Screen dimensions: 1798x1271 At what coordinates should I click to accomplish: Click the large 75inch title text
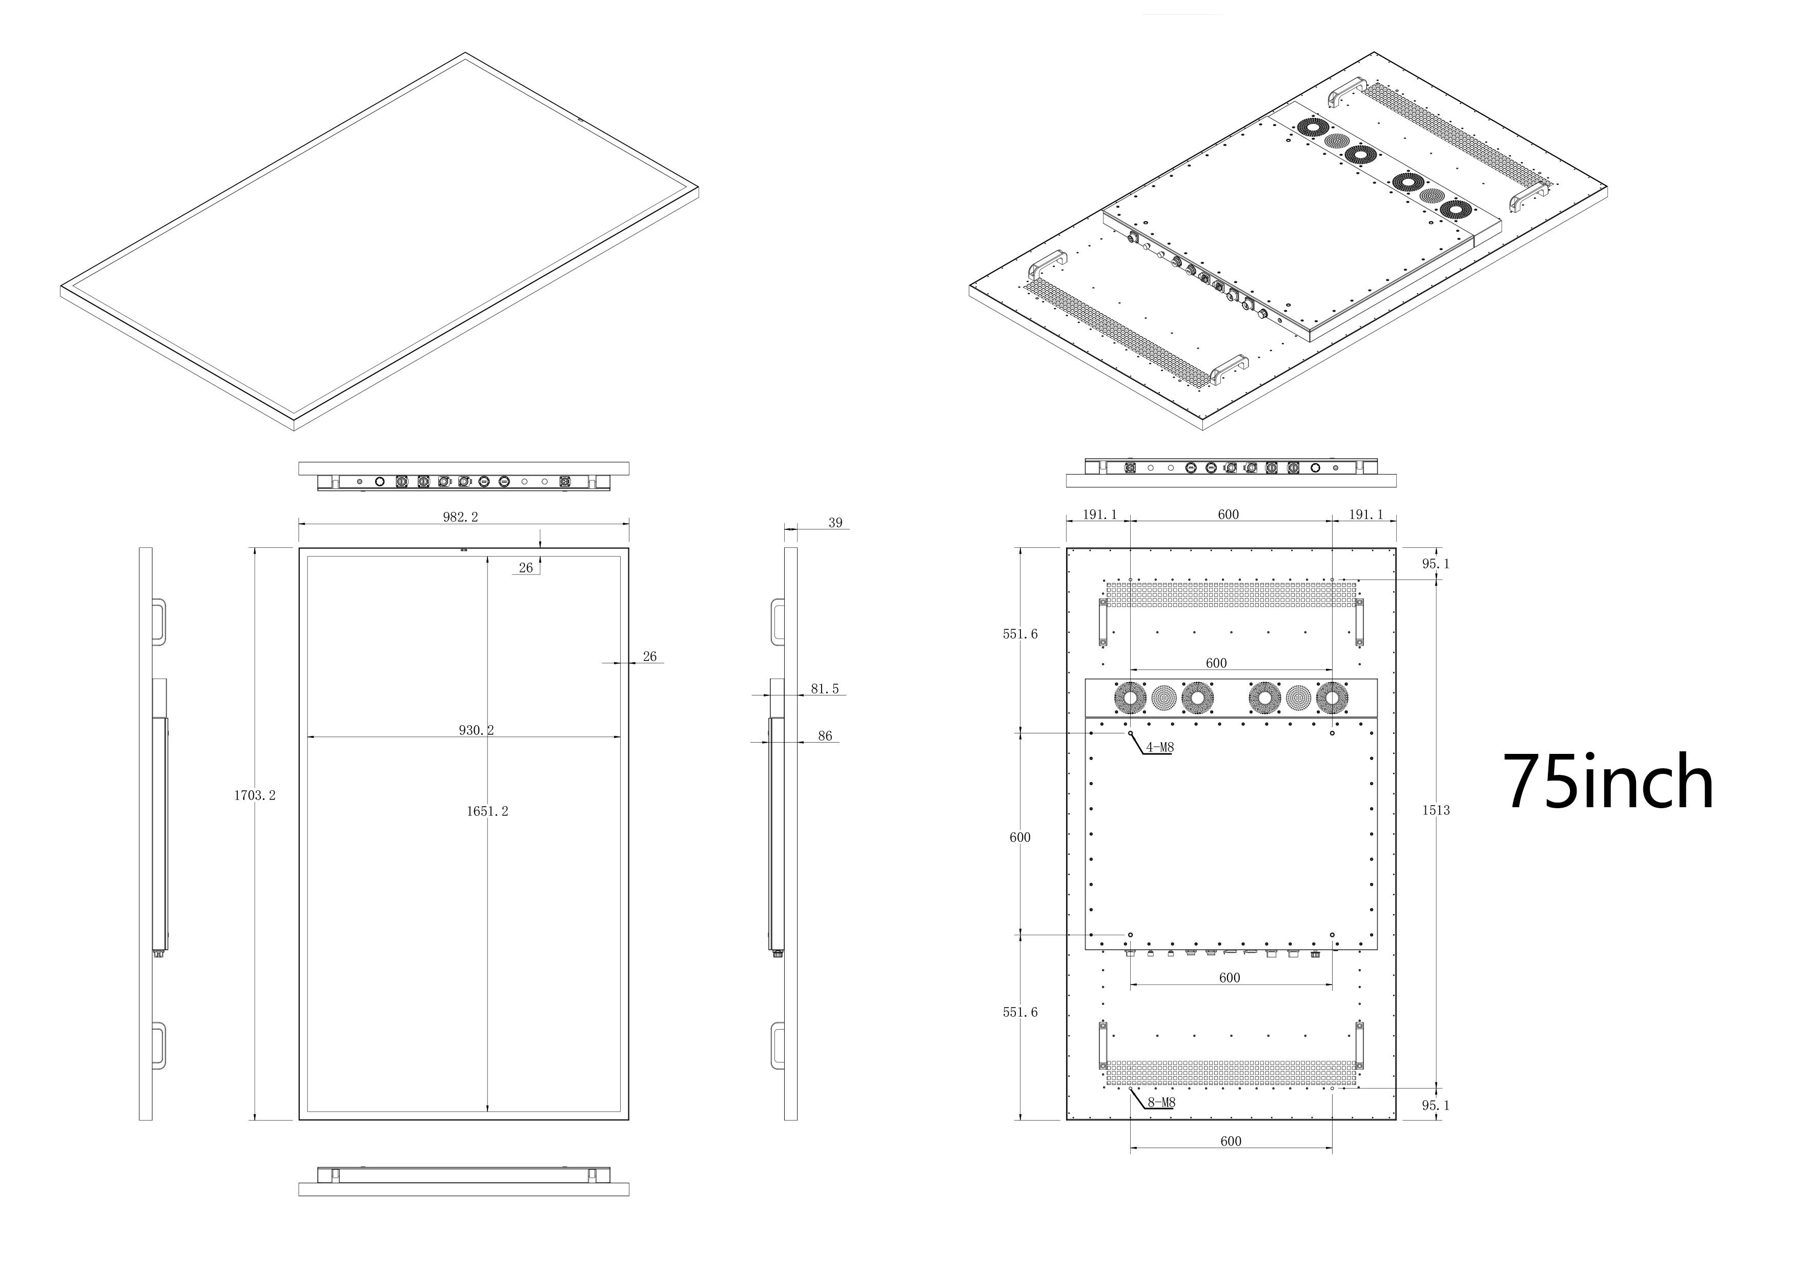click(1608, 783)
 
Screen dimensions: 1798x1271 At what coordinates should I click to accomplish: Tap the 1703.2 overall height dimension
click(255, 795)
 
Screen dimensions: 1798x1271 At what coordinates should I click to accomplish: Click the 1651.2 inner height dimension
click(487, 811)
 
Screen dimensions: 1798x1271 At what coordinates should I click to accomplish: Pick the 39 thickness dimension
click(835, 523)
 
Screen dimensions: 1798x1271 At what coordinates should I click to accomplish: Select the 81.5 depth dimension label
click(825, 689)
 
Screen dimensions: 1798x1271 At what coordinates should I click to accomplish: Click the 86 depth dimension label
click(825, 736)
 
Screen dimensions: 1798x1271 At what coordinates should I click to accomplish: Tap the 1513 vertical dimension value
click(1436, 811)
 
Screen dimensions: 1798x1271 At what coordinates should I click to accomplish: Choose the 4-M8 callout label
click(1160, 747)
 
